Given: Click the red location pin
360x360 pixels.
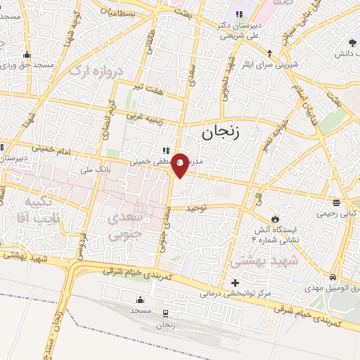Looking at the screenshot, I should (180, 165).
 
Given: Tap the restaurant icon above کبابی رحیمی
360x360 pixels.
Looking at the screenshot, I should (337, 202).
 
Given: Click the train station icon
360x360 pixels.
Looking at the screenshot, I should (165, 314).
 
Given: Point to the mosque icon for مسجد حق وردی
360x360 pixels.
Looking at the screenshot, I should (27, 55).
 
